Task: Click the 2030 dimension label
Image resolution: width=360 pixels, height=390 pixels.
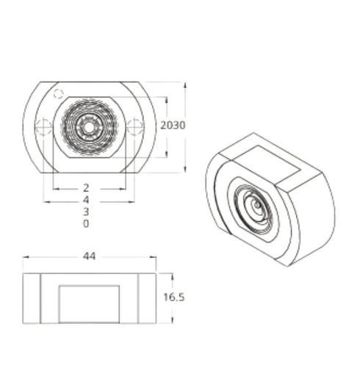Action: point(173,126)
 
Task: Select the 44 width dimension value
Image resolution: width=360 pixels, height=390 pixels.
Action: point(90,256)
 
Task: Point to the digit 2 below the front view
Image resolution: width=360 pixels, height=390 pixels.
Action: point(86,188)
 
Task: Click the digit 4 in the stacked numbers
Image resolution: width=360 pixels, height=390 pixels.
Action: point(86,200)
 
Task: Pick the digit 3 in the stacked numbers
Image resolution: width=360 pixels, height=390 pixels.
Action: point(86,212)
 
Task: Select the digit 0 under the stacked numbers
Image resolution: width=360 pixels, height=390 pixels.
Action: point(86,223)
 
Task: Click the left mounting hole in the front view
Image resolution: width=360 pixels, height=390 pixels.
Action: point(44,127)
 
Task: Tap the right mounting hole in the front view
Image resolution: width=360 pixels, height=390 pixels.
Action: point(135,127)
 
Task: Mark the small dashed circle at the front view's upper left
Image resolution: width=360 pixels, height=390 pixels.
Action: point(57,93)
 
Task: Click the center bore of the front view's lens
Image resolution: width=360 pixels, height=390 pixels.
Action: point(89,127)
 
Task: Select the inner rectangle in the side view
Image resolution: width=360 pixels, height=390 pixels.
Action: point(89,303)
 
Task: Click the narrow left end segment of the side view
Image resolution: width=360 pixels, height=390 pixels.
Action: point(32,298)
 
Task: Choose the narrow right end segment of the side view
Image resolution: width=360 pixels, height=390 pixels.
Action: point(148,298)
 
